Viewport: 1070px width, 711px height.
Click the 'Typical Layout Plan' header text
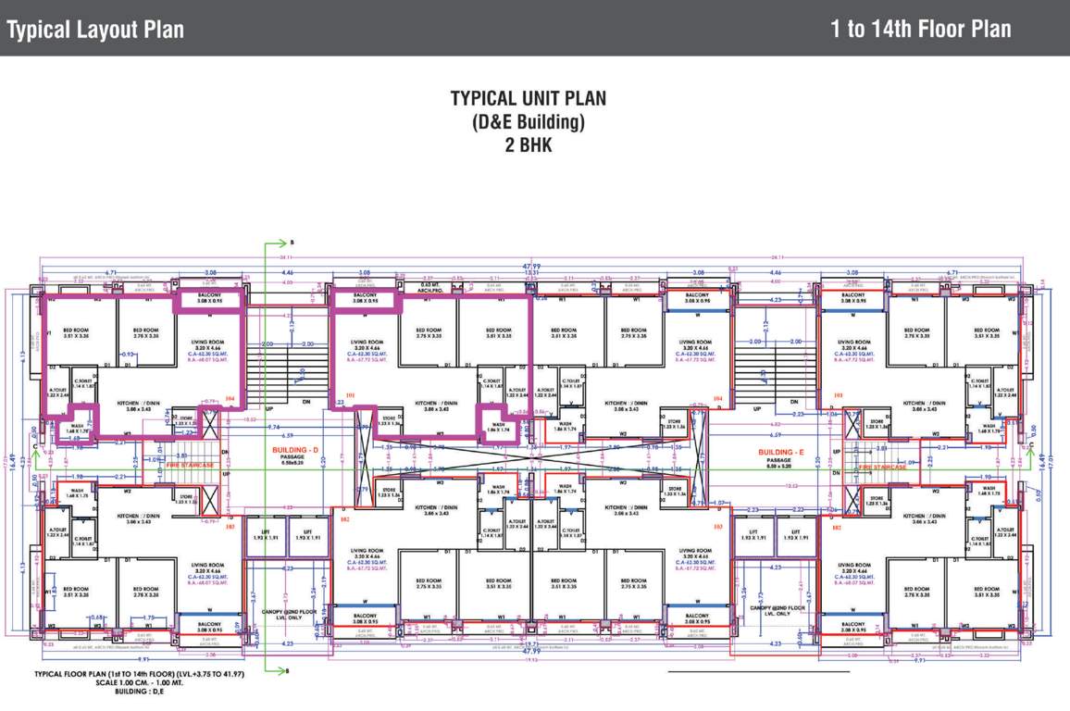click(x=95, y=30)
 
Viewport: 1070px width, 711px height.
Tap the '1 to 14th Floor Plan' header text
click(x=920, y=29)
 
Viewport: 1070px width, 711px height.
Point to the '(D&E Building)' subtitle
click(x=529, y=122)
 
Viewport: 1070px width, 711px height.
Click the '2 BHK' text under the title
click(x=529, y=144)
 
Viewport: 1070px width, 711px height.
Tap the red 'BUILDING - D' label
click(x=294, y=450)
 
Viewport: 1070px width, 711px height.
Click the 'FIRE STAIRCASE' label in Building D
click(x=189, y=465)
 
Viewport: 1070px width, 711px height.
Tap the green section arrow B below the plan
click(x=276, y=669)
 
